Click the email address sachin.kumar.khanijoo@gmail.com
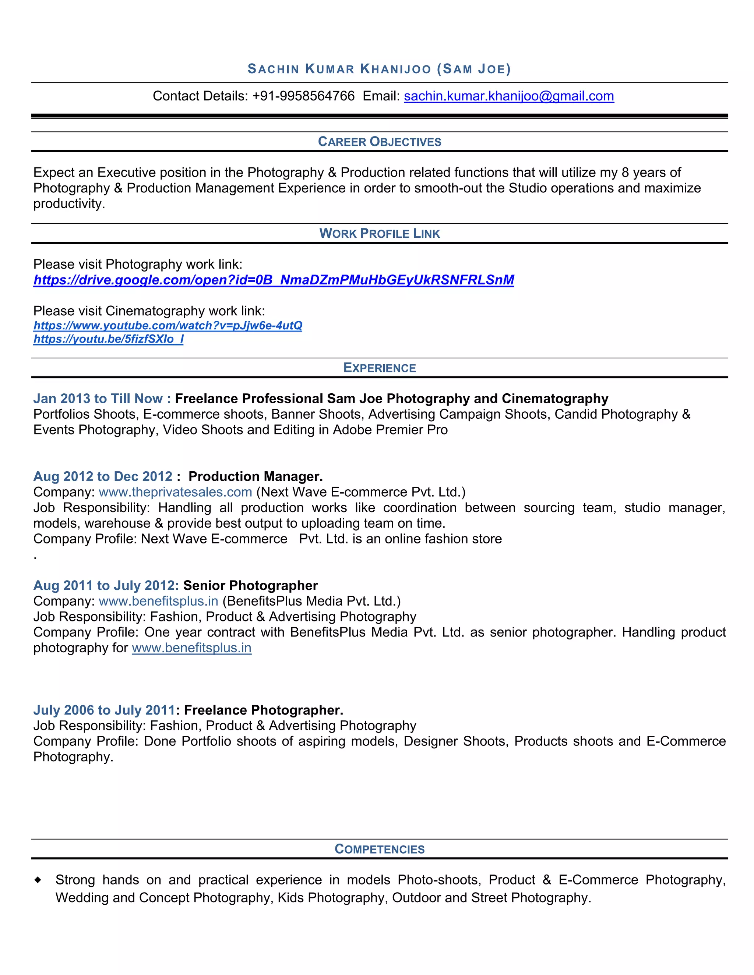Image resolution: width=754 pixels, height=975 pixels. [x=509, y=96]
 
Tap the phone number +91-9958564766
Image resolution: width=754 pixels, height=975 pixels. [x=303, y=96]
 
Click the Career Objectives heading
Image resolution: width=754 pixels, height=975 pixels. [x=379, y=142]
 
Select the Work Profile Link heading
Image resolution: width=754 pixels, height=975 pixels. [x=379, y=234]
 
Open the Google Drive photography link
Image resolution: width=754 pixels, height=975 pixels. [x=274, y=280]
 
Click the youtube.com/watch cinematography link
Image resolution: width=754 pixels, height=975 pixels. [x=168, y=326]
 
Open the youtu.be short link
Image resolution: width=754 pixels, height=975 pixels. [x=108, y=339]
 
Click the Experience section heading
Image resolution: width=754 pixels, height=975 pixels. [x=379, y=368]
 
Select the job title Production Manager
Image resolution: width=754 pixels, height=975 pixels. [x=255, y=476]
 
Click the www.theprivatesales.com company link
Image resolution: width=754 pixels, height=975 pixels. [x=175, y=492]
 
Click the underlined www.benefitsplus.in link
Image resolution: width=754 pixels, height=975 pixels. [x=191, y=648]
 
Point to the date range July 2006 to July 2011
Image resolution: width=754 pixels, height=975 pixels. [x=103, y=710]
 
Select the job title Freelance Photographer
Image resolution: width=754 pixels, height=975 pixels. [x=263, y=710]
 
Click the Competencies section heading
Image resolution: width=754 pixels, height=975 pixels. [x=379, y=849]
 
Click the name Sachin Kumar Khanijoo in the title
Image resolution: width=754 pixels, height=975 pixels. [x=339, y=69]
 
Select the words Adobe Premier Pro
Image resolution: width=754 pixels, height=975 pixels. [x=390, y=429]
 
